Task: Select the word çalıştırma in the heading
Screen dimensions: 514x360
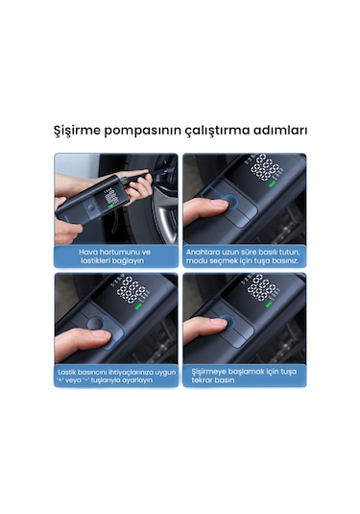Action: (223, 130)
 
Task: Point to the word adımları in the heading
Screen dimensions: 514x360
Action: (284, 130)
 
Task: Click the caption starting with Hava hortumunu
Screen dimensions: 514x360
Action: (116, 257)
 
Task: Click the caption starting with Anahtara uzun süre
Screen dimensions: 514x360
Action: (245, 257)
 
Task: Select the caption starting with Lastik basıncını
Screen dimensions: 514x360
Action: (116, 376)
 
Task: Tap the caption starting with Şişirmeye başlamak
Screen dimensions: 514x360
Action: (245, 376)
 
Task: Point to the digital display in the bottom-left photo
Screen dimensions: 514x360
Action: (136, 289)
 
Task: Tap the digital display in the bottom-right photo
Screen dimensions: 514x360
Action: (265, 287)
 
